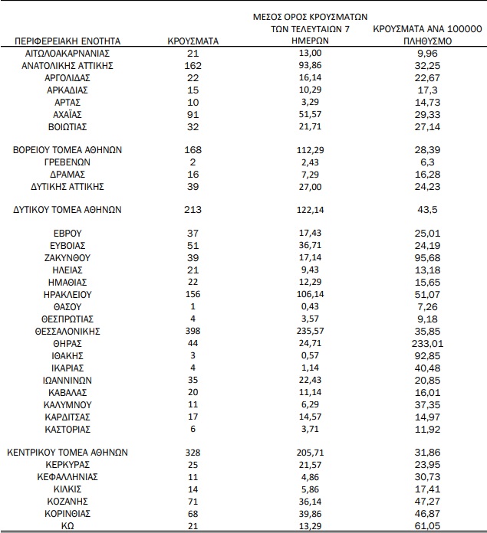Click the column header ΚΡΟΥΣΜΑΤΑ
(193, 41)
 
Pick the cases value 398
(193, 332)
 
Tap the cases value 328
(193, 452)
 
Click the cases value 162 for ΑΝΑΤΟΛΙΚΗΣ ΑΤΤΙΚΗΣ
(193, 66)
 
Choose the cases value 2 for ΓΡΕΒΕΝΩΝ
(193, 162)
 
